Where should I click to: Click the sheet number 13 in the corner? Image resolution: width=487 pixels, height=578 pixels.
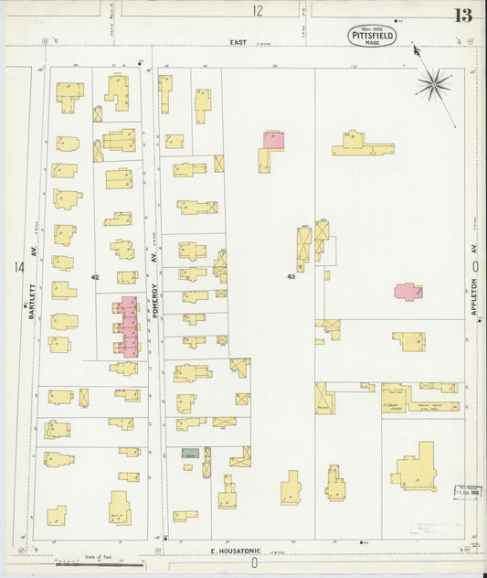461,15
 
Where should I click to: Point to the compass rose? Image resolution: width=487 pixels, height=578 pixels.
432,83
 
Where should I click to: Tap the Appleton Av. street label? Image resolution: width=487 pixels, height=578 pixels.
474,298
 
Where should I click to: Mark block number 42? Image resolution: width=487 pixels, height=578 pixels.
94,276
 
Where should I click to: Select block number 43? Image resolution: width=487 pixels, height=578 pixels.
291,275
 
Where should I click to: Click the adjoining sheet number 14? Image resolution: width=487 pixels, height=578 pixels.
17,267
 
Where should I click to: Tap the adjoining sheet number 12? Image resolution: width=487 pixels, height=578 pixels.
258,11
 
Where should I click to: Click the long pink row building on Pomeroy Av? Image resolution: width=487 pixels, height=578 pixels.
128,326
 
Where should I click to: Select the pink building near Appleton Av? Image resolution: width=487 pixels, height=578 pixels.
408,292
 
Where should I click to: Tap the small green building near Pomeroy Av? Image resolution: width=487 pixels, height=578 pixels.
189,453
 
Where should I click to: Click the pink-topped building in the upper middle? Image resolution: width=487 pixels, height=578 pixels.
273,140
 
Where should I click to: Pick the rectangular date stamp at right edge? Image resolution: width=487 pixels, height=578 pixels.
468,492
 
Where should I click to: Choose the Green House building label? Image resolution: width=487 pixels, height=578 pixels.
426,406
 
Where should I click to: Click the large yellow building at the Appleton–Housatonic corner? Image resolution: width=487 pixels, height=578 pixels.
418,468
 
